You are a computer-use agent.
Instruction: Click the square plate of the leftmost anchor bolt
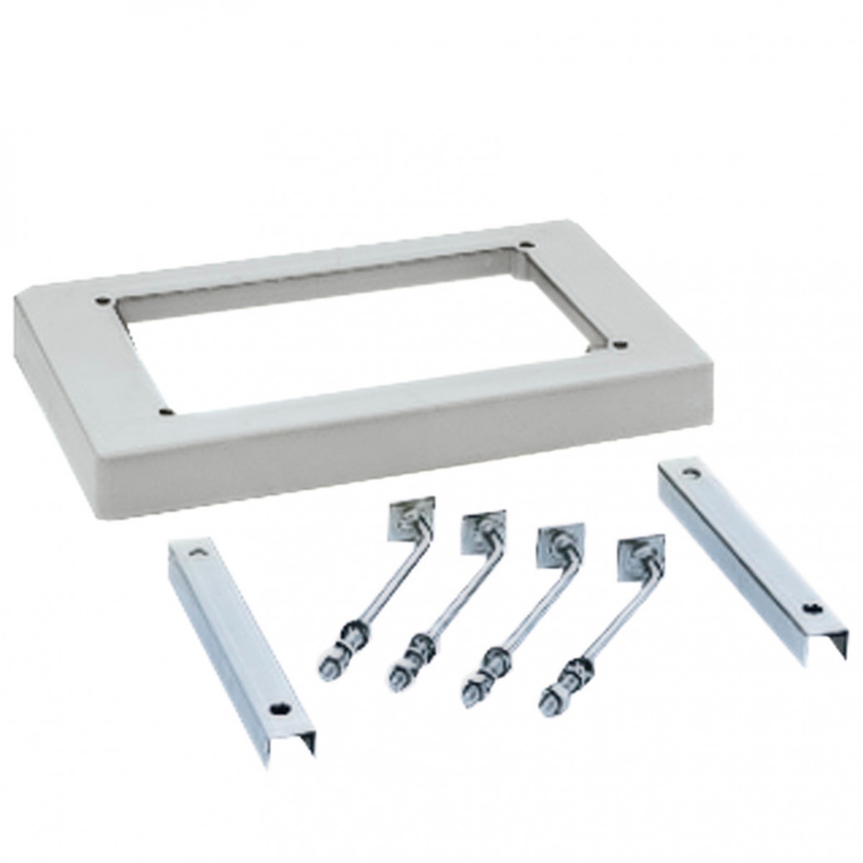[x=407, y=521]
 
